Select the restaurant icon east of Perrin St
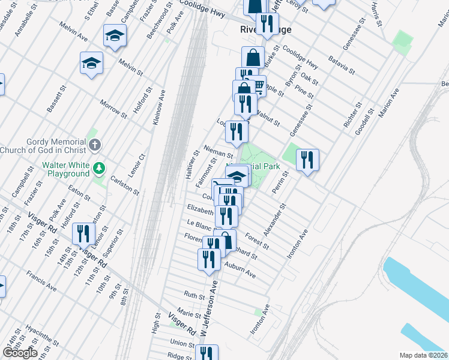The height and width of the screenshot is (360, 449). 307,160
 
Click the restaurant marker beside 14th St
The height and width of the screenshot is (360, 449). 83,233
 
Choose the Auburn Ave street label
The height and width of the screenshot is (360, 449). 240,269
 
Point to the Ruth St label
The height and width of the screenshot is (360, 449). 194,295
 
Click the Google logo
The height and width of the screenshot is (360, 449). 19,353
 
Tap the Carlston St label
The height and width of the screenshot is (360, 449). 125,186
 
